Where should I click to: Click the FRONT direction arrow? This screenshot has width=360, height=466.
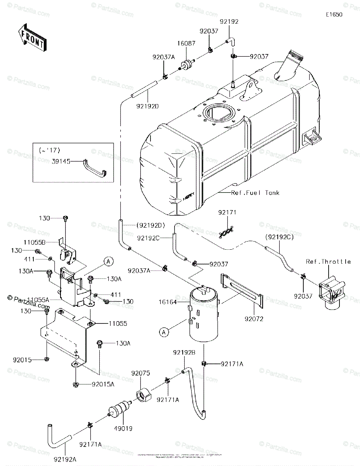(32, 37)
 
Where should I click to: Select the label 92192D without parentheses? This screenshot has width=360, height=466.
(148, 106)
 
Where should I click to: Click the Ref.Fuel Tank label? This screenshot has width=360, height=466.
(255, 193)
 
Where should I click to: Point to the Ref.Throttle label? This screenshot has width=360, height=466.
(329, 262)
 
